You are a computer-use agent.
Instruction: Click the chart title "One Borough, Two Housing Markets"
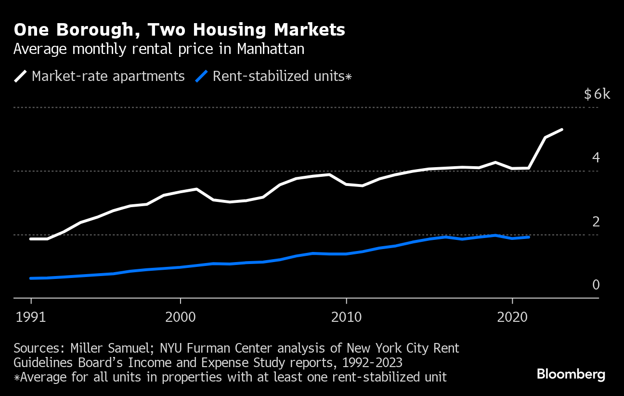(x=179, y=30)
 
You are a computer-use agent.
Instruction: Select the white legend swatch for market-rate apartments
(x=20, y=76)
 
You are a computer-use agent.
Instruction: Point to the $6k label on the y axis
(x=597, y=94)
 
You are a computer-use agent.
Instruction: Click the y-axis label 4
(x=596, y=158)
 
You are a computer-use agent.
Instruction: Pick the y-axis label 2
(x=596, y=222)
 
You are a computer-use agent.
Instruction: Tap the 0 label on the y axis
(x=596, y=285)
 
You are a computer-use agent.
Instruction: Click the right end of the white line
(x=562, y=130)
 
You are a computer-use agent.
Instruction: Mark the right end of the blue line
(x=529, y=237)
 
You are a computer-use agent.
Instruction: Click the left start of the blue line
(x=31, y=278)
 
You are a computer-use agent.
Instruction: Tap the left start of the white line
(x=31, y=239)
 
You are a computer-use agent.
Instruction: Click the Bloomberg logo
(x=571, y=374)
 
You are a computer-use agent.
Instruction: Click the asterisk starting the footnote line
(x=16, y=377)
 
